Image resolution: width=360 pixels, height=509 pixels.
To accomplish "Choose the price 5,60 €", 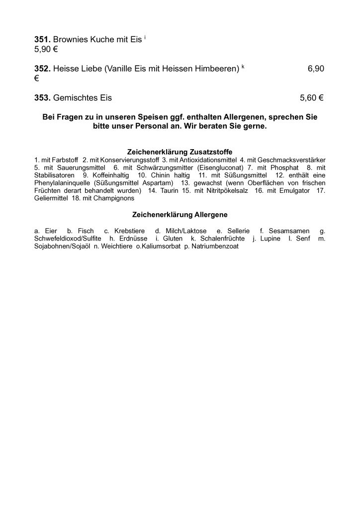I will (312, 98).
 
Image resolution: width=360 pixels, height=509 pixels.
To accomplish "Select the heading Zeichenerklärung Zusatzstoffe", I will (180, 152).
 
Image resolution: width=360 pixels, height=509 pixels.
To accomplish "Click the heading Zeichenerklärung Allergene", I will (180, 215).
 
